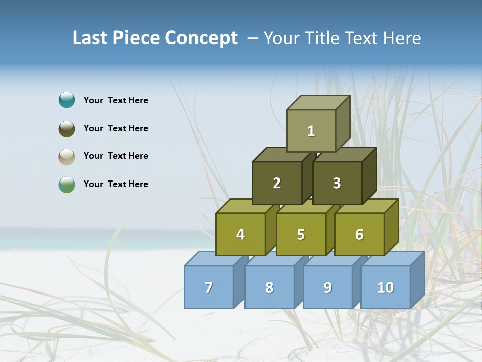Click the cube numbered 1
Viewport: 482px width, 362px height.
pyautogui.click(x=311, y=131)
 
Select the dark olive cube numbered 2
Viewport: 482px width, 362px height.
pyautogui.click(x=277, y=183)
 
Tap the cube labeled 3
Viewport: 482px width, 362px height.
pyautogui.click(x=337, y=183)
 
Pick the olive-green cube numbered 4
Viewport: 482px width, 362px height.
pyautogui.click(x=240, y=234)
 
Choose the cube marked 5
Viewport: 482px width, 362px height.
pyautogui.click(x=301, y=234)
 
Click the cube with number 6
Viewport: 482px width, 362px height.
pyautogui.click(x=359, y=234)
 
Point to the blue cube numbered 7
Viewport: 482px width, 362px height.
pyautogui.click(x=209, y=287)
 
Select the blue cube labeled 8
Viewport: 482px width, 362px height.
pyautogui.click(x=269, y=287)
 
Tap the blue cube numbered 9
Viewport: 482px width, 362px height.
pyautogui.click(x=328, y=287)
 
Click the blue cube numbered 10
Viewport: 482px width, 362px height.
pyautogui.click(x=386, y=287)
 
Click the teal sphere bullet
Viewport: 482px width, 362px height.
pyautogui.click(x=67, y=100)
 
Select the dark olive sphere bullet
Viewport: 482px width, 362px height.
pyautogui.click(x=67, y=128)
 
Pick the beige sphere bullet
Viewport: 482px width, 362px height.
pyautogui.click(x=67, y=156)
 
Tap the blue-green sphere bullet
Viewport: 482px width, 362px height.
pyautogui.click(x=67, y=184)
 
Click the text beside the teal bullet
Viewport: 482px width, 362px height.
pyautogui.click(x=115, y=100)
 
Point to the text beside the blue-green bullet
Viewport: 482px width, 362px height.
pyautogui.click(x=115, y=184)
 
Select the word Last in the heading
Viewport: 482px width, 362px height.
pyautogui.click(x=91, y=38)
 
